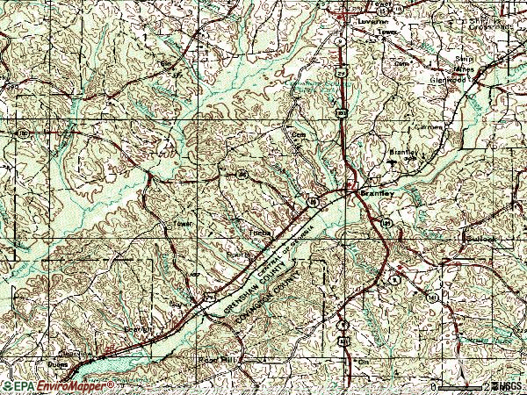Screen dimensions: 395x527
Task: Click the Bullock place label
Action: click(480, 238)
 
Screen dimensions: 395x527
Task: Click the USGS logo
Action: click(508, 386)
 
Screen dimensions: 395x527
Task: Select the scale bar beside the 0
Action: click(461, 386)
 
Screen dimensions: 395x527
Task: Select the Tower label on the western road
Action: click(182, 223)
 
